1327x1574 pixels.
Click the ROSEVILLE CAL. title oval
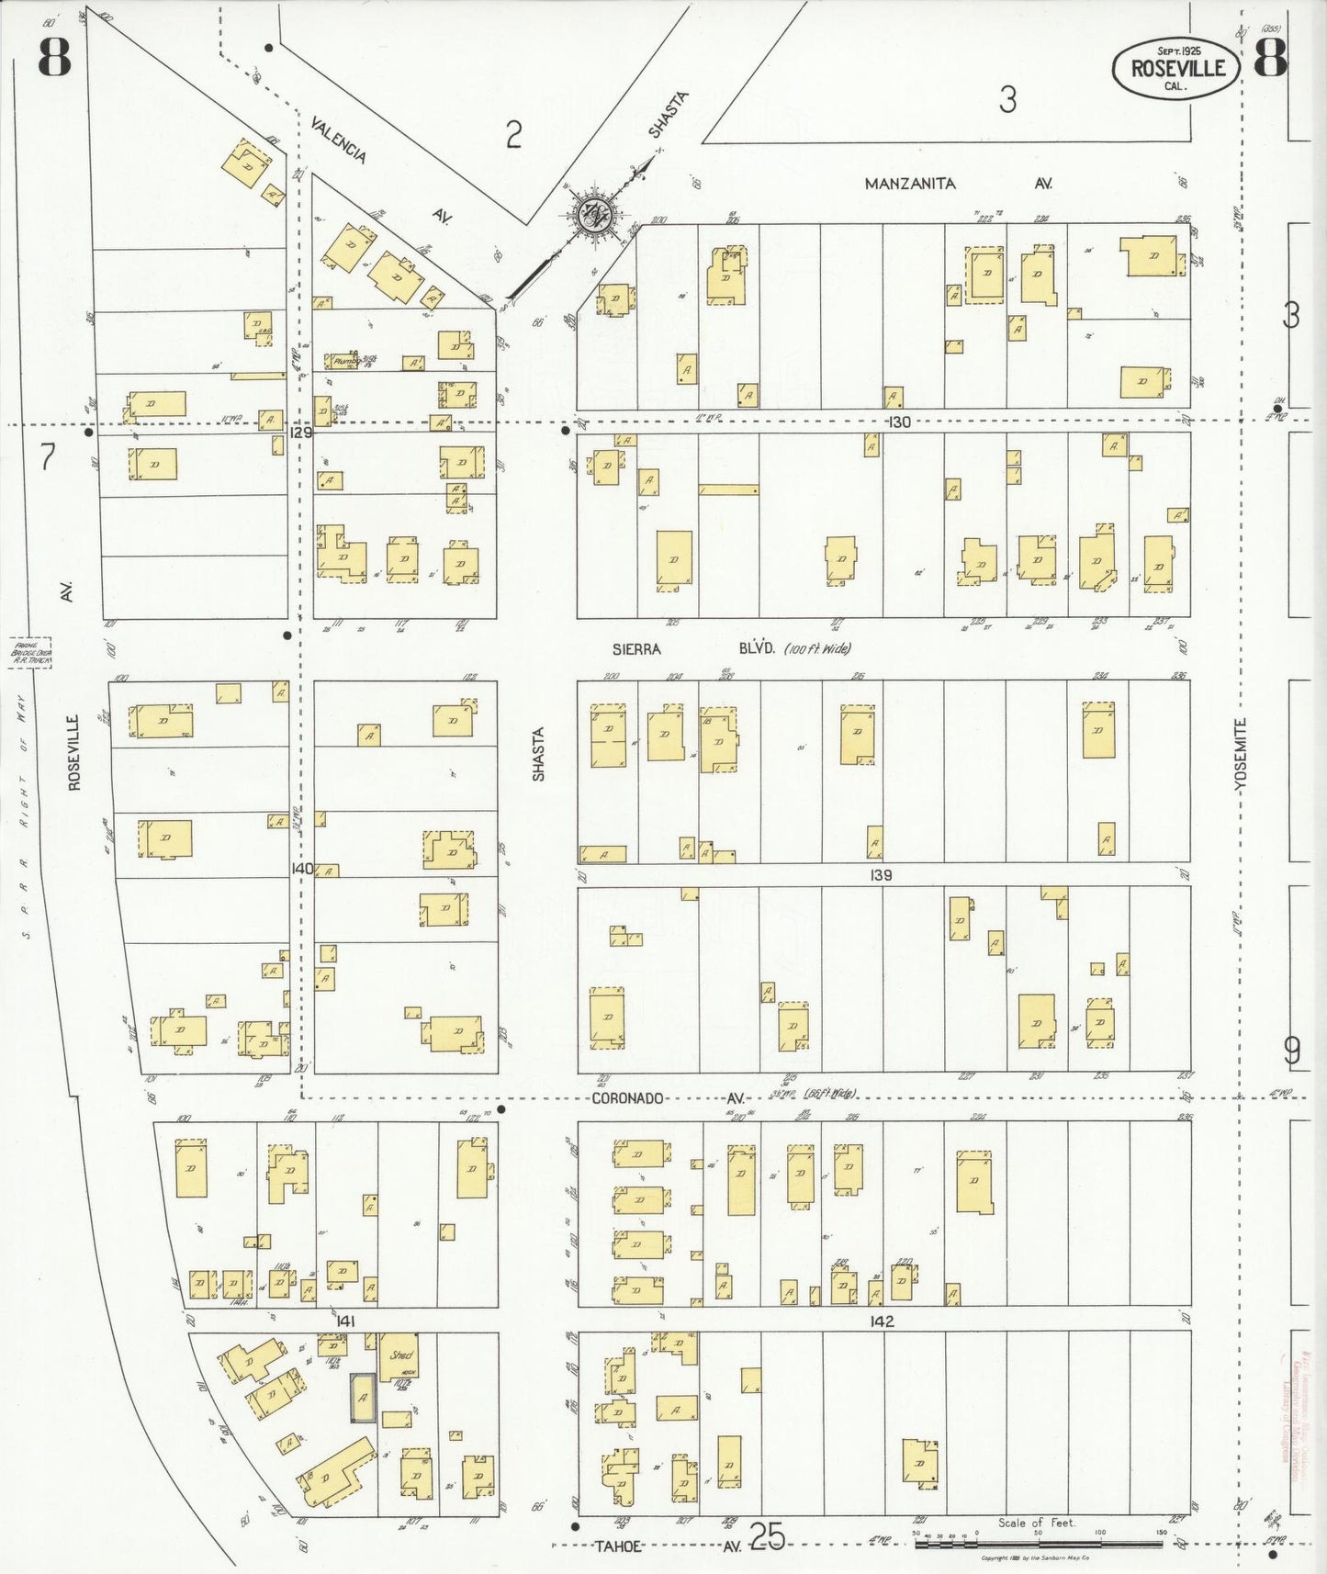[x=1175, y=68]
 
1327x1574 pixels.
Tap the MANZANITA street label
[x=910, y=184]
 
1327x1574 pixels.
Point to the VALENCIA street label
[x=338, y=140]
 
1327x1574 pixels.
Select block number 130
[x=899, y=422]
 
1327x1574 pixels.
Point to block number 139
[x=881, y=875]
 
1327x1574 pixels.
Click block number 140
[x=302, y=868]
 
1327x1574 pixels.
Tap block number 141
[x=345, y=1321]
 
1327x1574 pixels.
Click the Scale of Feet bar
[x=1038, y=1545]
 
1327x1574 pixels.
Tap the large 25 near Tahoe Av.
[x=767, y=1535]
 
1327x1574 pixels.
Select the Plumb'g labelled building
[x=346, y=362]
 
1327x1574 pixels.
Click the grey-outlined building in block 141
[x=363, y=1398]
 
